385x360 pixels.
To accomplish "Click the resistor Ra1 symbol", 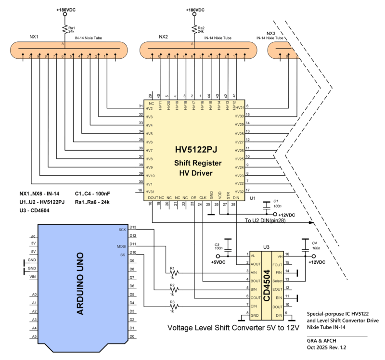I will click(x=64, y=29).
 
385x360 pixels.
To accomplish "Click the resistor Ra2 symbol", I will click(x=194, y=29).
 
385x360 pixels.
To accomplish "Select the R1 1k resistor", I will click(x=172, y=273).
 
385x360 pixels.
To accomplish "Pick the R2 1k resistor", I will click(x=172, y=290).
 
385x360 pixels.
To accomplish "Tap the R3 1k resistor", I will click(x=172, y=306).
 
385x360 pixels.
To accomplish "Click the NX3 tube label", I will click(x=270, y=33).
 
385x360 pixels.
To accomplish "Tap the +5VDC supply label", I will click(x=218, y=263).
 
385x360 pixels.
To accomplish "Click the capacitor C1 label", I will click(x=276, y=201).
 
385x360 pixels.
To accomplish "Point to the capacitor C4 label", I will click(x=315, y=244).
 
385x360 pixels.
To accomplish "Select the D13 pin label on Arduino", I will click(x=133, y=227).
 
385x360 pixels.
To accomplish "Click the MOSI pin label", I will click(x=121, y=246).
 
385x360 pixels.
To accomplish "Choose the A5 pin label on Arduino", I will click(x=34, y=336).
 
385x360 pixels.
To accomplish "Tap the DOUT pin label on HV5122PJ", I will click(x=153, y=197).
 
